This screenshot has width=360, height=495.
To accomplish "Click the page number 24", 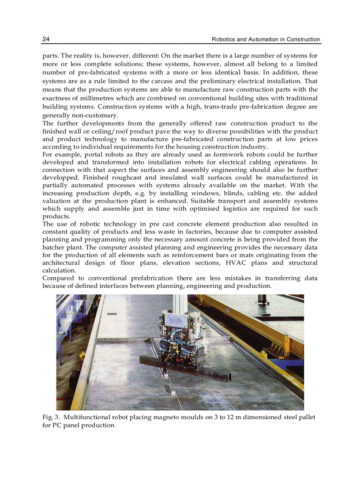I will [x=46, y=39].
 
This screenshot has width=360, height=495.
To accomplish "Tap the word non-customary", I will [x=80, y=115].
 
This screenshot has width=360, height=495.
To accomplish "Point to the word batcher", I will [x=54, y=247].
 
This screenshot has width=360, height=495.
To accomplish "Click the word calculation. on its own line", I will [x=59, y=270].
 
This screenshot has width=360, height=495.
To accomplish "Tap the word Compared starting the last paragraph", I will [x=59, y=278].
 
